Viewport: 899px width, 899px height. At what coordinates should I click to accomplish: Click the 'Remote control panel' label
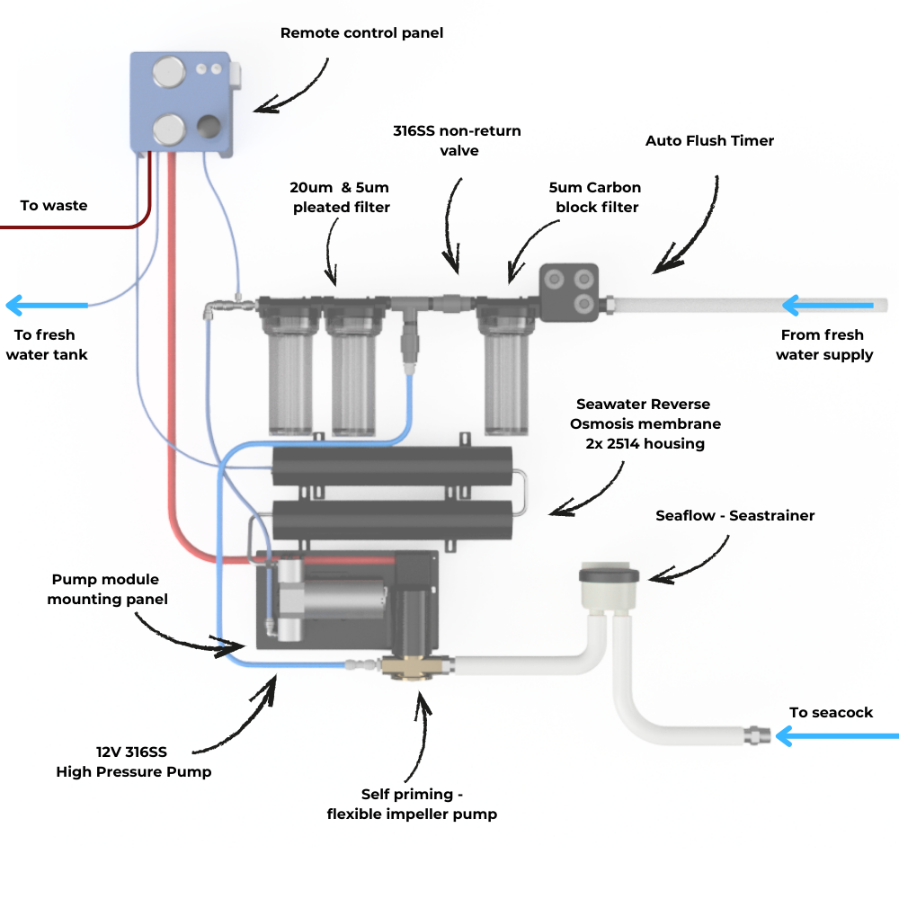click(361, 33)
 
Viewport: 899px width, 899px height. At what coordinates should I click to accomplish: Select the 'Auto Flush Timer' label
click(709, 141)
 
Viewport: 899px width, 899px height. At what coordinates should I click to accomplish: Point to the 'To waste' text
click(54, 206)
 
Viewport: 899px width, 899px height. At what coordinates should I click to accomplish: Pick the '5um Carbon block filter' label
click(595, 197)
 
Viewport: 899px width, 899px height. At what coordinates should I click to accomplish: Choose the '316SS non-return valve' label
click(457, 140)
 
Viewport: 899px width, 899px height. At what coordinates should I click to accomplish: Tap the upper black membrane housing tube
click(392, 466)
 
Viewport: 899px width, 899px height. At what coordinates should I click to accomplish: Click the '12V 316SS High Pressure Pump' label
click(134, 761)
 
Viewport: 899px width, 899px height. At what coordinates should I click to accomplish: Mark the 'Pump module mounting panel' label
click(108, 589)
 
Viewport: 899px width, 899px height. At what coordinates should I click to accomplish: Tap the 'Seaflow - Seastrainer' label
click(734, 515)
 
